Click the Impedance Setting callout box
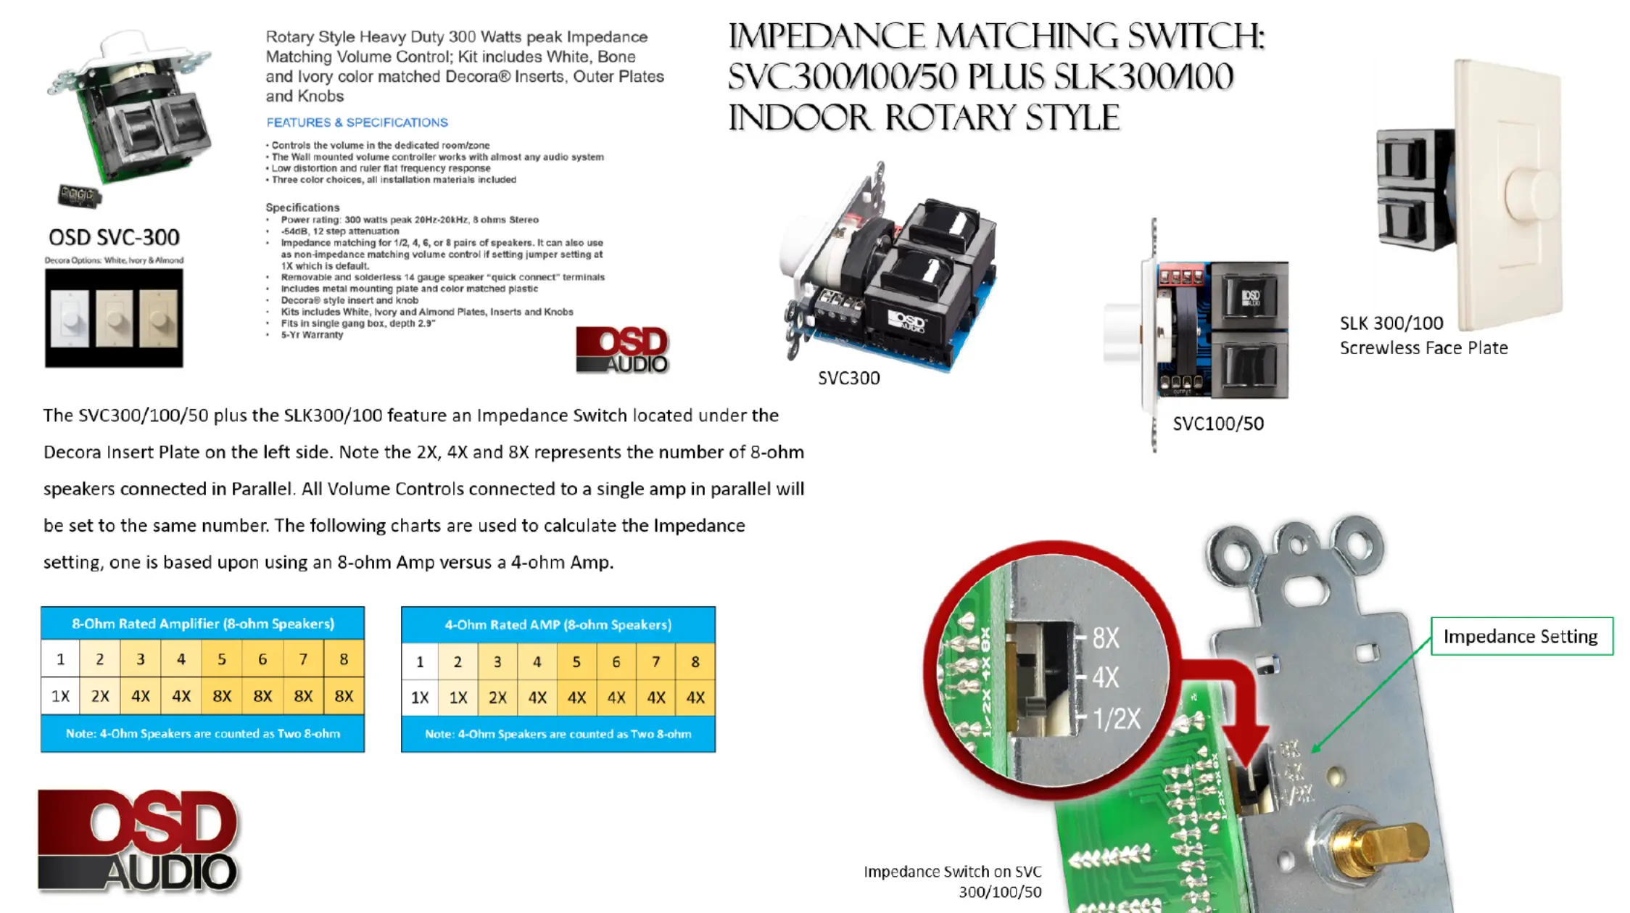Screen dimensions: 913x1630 point(1521,637)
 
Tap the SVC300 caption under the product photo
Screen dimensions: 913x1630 point(848,378)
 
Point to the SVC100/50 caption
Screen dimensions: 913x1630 point(1218,424)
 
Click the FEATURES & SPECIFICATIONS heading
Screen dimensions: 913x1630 point(357,123)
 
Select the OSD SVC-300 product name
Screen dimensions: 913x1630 point(114,237)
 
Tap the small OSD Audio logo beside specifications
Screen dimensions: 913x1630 point(622,350)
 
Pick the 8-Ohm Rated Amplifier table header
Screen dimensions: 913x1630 point(202,624)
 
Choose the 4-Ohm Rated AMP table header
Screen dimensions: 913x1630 point(558,624)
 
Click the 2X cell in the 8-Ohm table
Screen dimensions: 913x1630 point(100,696)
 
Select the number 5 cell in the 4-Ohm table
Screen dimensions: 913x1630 point(576,661)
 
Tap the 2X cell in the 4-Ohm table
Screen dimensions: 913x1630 point(497,698)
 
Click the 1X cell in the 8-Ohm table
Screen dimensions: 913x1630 point(60,696)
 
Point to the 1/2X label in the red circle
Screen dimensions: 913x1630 point(1117,719)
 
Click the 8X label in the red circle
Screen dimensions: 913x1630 point(1106,638)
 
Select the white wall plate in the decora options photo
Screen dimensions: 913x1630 point(70,318)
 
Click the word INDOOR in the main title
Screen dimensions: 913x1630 point(799,117)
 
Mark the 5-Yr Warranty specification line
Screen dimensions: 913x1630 point(312,335)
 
